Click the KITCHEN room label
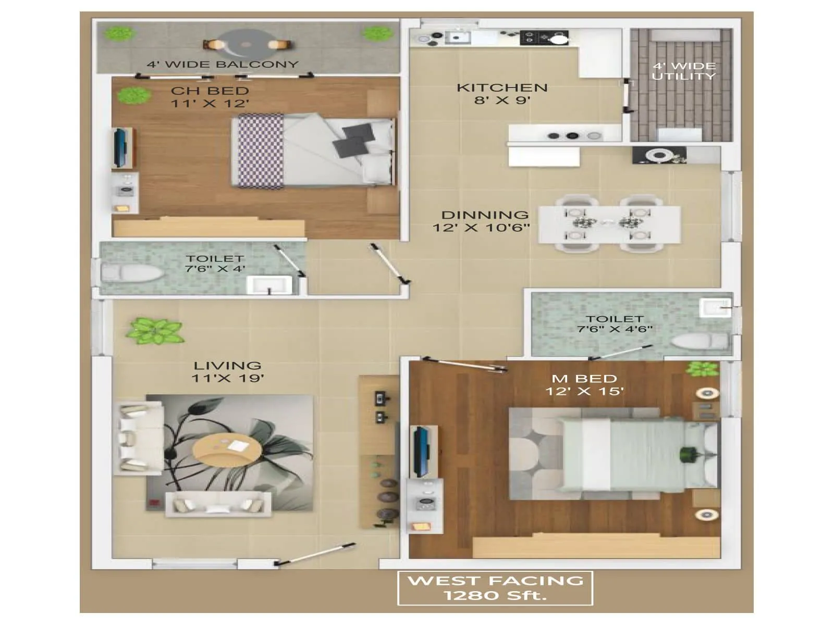pos(502,87)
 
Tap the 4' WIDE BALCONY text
pos(223,65)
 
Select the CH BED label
pos(210,91)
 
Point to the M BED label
pos(584,379)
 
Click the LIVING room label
pos(227,366)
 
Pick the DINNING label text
pos(485,215)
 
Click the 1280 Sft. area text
pos(495,595)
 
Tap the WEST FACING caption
pos(495,580)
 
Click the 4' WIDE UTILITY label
pos(684,71)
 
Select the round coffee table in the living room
pos(227,449)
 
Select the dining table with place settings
pos(609,223)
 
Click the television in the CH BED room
pos(120,147)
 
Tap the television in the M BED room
pos(420,452)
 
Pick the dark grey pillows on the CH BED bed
pos(353,139)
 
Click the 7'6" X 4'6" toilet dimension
pos(615,329)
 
